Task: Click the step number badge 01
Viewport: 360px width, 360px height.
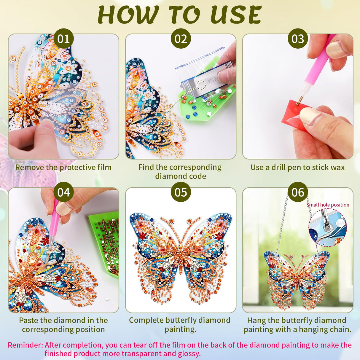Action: click(x=63, y=39)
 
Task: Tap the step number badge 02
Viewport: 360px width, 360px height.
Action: click(x=181, y=39)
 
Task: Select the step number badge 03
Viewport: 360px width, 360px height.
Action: click(x=298, y=39)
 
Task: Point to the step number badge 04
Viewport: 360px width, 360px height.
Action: click(x=63, y=192)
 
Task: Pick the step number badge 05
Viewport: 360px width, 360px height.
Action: click(x=181, y=192)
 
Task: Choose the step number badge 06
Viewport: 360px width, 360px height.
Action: click(x=298, y=192)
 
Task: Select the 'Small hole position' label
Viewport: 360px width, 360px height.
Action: click(x=328, y=205)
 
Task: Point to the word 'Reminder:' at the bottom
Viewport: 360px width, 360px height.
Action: click(x=26, y=345)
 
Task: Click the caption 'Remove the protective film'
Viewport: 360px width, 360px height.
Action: click(x=63, y=167)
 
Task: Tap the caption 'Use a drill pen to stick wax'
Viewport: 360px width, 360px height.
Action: click(x=297, y=167)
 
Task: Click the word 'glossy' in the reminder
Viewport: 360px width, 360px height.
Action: click(x=188, y=353)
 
